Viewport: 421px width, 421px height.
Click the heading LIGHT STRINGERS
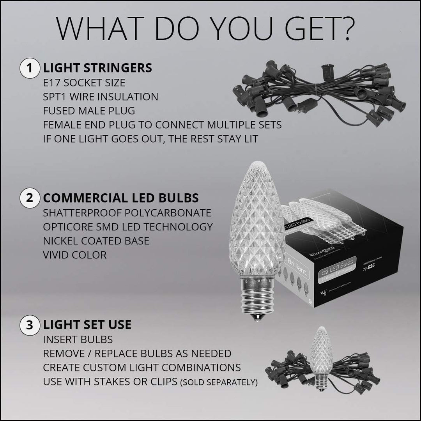(x=97, y=68)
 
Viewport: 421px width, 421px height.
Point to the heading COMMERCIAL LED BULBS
(x=121, y=198)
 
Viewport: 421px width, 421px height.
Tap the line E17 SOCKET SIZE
(x=84, y=83)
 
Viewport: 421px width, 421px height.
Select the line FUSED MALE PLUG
(x=89, y=111)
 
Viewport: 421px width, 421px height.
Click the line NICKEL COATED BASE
(x=96, y=241)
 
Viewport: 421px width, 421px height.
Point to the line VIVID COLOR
(x=75, y=255)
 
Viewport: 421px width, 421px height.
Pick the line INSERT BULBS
(x=78, y=339)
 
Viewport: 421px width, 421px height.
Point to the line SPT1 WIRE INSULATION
(x=101, y=97)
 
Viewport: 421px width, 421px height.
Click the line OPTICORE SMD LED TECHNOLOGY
(x=128, y=227)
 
